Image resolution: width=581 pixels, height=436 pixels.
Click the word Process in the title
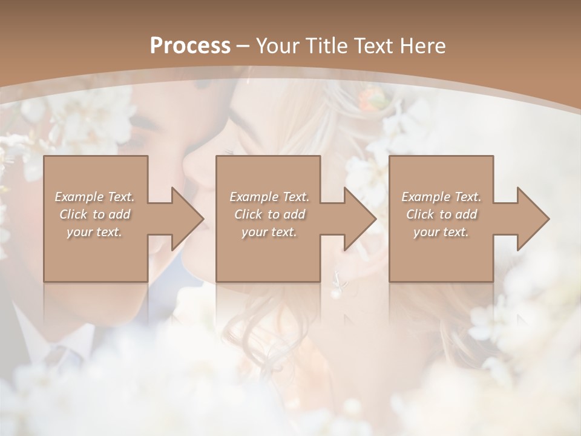(x=189, y=46)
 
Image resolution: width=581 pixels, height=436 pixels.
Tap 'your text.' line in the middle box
(x=269, y=232)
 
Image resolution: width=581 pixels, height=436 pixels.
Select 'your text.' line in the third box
(x=441, y=232)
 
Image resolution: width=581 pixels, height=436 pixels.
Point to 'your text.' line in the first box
(x=94, y=232)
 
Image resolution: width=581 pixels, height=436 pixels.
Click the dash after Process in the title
(x=243, y=46)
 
